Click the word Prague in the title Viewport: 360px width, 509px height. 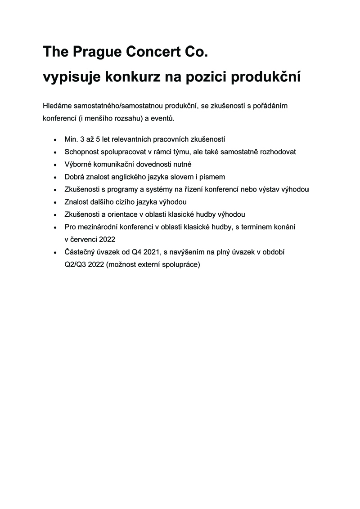click(93, 53)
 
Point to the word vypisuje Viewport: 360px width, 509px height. click(71, 77)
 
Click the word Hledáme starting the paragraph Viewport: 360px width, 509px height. click(58, 106)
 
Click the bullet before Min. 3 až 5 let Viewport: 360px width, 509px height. click(55, 140)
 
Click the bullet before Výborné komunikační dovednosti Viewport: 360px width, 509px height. click(55, 165)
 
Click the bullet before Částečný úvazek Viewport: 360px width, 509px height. click(55, 253)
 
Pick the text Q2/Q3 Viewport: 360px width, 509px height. click(75, 264)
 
